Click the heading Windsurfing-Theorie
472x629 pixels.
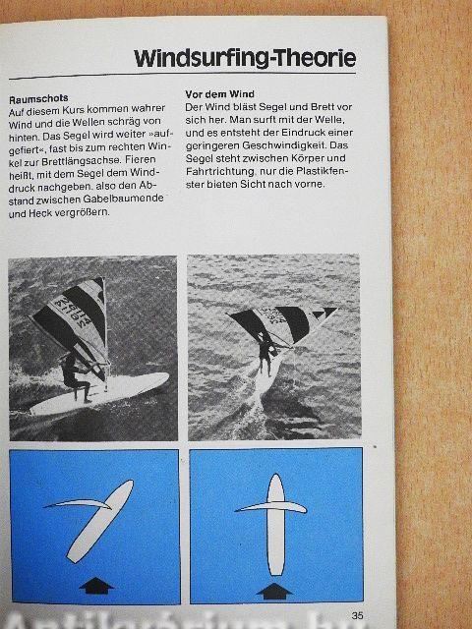tap(245, 58)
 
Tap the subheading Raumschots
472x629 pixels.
tap(38, 98)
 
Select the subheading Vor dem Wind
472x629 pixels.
tap(219, 94)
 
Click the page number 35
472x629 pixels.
tap(357, 615)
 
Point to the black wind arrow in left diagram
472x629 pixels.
tap(96, 586)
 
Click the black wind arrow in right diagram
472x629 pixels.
tap(274, 591)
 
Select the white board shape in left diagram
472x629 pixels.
tap(99, 521)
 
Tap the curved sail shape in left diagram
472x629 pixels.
tap(79, 503)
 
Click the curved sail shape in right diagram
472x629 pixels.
tap(271, 507)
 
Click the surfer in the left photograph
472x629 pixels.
tap(75, 377)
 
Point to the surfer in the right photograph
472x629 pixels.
tap(265, 354)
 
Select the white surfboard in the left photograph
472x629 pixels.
tap(99, 393)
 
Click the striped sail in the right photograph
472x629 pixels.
tap(281, 323)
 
